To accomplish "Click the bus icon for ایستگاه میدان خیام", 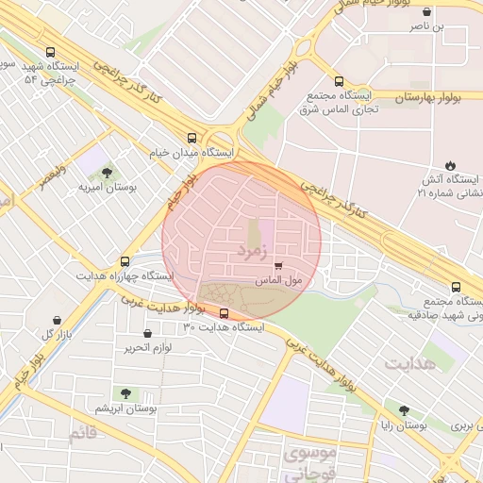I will point(192,137).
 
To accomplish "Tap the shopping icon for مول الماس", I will point(277,267).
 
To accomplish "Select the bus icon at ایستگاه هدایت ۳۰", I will point(224,313).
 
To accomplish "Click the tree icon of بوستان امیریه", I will point(107,173).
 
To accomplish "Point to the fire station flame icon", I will point(449,165).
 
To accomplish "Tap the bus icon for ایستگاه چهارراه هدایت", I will point(125,261).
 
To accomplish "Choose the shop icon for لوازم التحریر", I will point(147,333).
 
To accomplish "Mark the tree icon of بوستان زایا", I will point(404,410).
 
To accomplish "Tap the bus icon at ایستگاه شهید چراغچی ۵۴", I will point(50,52).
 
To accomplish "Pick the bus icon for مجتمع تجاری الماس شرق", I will point(339,81).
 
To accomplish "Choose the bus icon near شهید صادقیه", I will point(457,287).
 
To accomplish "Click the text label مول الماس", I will point(278,281).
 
